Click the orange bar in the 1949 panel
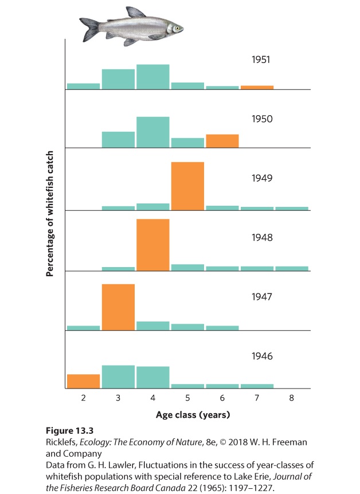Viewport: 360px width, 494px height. click(187, 186)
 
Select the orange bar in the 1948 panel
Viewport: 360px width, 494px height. click(153, 245)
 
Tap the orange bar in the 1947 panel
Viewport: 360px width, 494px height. click(118, 307)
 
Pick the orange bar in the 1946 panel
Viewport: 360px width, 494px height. click(84, 381)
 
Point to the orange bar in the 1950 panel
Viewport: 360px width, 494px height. click(222, 141)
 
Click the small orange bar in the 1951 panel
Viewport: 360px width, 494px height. click(257, 87)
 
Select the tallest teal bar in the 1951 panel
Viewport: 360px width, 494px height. click(153, 77)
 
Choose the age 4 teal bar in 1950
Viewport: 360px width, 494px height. click(153, 132)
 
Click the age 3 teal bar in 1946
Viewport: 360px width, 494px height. click(118, 377)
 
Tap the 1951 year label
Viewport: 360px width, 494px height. click(261, 60)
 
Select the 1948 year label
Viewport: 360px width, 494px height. click(262, 237)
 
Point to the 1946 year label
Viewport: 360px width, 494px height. click(262, 356)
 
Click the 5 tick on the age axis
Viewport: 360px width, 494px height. click(187, 398)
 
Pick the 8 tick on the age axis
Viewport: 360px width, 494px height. click(292, 398)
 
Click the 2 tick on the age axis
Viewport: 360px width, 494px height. click(84, 398)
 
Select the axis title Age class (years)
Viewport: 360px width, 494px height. click(193, 415)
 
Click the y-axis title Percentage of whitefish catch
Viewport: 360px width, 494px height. click(50, 214)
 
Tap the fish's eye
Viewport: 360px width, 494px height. click(178, 28)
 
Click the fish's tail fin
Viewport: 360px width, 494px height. click(91, 30)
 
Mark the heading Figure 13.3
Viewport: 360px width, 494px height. click(70, 431)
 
